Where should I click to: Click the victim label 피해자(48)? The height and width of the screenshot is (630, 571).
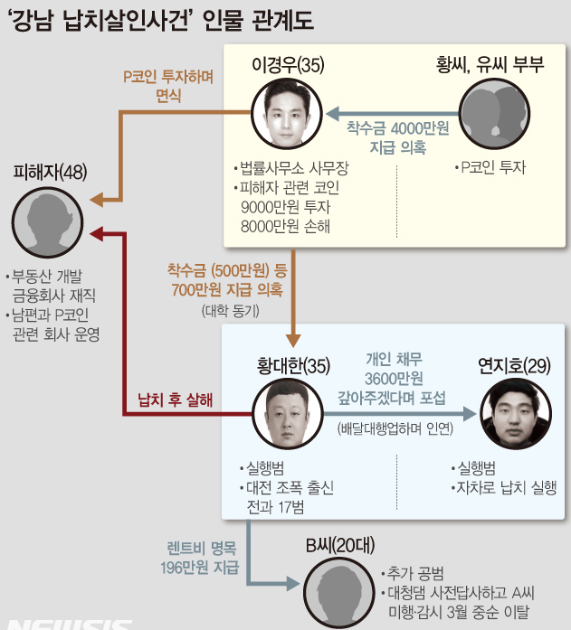(51, 173)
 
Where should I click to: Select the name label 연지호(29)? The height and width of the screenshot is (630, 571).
(513, 366)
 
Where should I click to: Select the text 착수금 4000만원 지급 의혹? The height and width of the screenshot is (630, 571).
(397, 137)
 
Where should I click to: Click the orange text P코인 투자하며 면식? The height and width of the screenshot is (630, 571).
(168, 87)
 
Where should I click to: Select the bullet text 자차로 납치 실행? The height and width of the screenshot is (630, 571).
(503, 487)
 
